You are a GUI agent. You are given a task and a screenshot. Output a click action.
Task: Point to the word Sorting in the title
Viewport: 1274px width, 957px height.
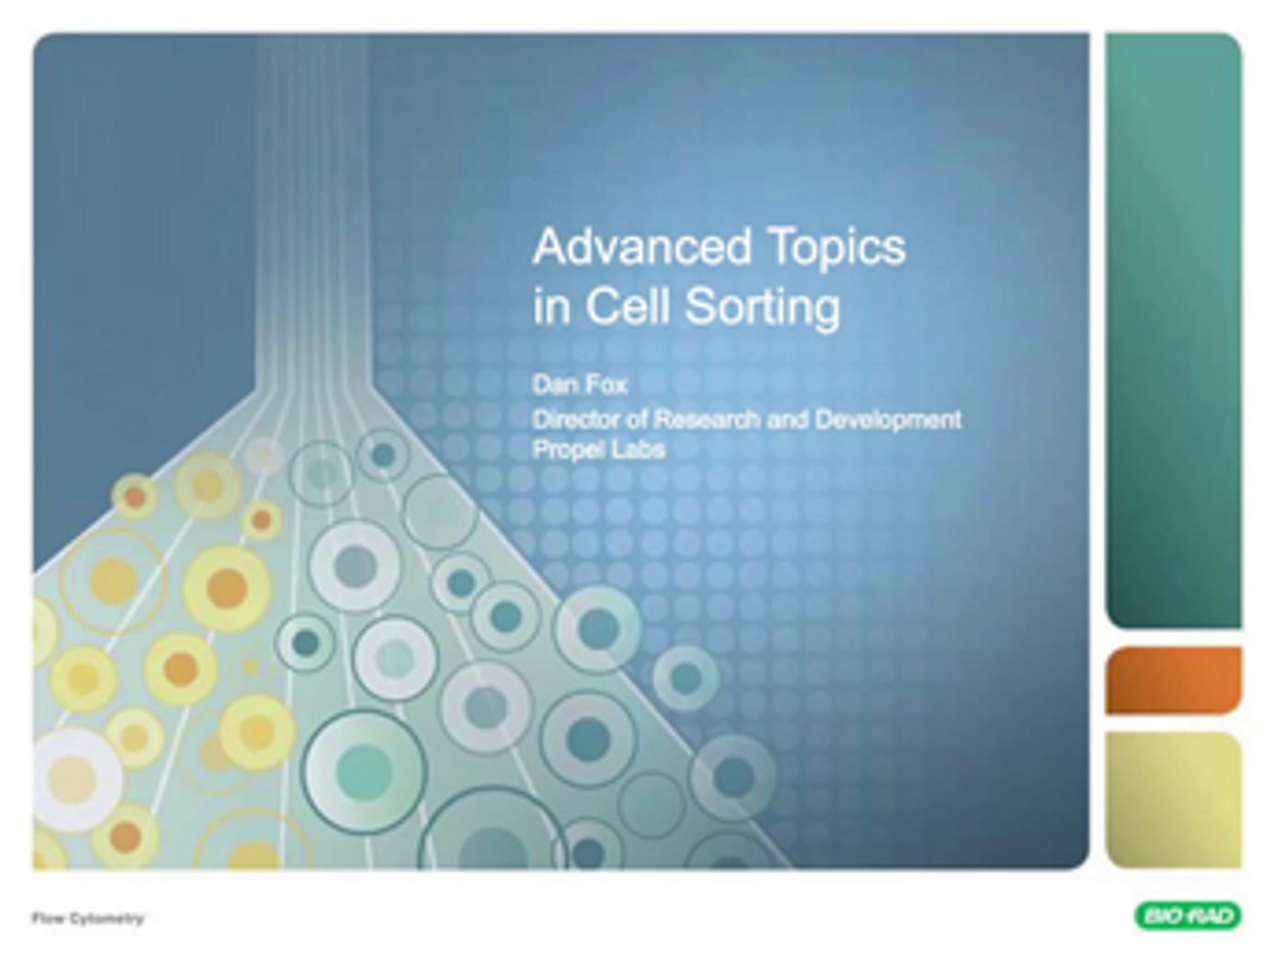point(763,309)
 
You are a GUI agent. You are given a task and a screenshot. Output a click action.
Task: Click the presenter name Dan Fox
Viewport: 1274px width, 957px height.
point(579,385)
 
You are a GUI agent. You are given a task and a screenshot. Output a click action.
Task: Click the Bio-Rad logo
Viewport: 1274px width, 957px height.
point(1188,916)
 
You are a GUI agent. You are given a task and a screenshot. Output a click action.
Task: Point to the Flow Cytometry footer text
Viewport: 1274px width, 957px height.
point(88,919)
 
